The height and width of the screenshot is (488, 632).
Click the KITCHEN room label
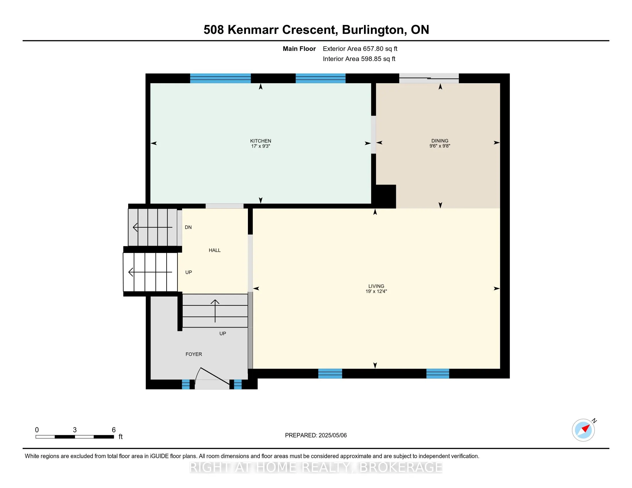[261, 141]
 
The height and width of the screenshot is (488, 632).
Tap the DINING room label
[440, 140]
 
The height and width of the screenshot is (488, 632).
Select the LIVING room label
[376, 286]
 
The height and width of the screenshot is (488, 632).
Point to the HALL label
[214, 250]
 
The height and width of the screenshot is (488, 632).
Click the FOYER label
[194, 354]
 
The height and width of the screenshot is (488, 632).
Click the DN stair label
[188, 227]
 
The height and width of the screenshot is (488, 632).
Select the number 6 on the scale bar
[114, 430]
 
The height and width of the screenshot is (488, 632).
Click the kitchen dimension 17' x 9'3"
[261, 146]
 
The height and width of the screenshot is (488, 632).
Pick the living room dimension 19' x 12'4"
[376, 291]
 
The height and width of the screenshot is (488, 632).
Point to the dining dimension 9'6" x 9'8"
[440, 146]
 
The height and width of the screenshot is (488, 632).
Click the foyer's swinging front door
[213, 377]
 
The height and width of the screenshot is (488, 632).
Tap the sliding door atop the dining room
[429, 78]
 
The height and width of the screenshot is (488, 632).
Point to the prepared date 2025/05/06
[332, 435]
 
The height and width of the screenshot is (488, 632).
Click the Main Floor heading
[299, 49]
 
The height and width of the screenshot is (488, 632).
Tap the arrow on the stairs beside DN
[153, 228]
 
